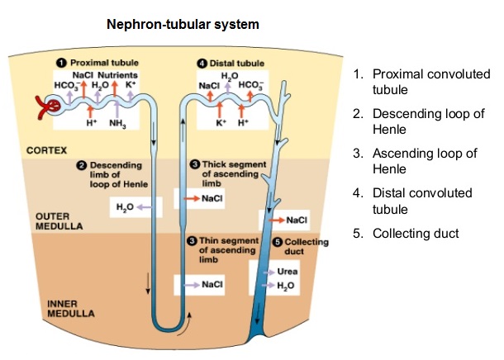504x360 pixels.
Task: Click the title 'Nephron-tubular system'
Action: point(183,24)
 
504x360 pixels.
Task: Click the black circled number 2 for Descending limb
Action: point(82,165)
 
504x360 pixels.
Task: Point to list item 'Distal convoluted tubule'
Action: point(422,201)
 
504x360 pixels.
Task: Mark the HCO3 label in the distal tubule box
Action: point(250,85)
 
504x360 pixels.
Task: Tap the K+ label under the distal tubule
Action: point(221,122)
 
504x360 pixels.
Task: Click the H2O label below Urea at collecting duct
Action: point(286,286)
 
